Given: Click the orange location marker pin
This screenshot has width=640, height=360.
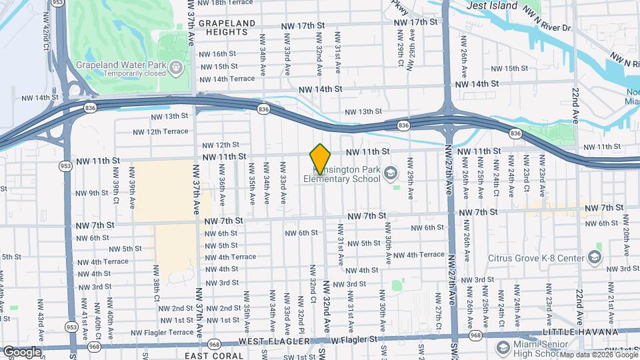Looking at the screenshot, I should coord(321,158).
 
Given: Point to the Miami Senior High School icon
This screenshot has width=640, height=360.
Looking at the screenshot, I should coord(502,347).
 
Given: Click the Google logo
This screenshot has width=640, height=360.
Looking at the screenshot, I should coord(22,351).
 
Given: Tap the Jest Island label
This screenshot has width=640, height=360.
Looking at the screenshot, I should coord(492,5).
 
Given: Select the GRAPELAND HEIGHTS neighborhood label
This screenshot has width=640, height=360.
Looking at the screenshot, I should coord(227,27).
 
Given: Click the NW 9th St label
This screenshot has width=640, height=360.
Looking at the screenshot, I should coord(92,193).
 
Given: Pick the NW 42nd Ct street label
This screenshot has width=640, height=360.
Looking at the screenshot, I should coord(45,38).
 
